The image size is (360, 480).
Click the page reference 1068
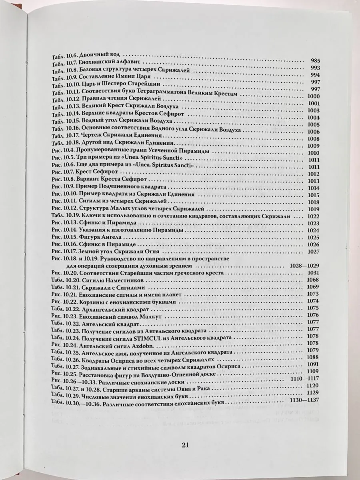coord(313,280)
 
